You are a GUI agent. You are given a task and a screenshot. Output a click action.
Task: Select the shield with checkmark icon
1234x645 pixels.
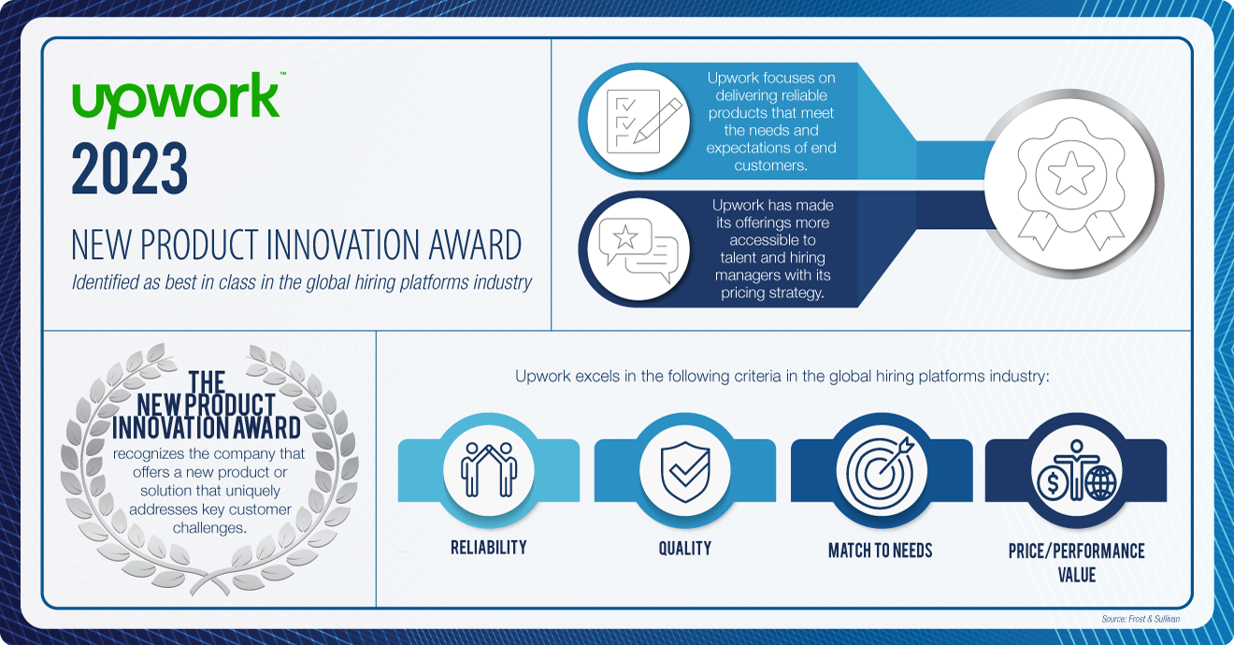(685, 468)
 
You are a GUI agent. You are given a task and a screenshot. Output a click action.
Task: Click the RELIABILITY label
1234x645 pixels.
(488, 548)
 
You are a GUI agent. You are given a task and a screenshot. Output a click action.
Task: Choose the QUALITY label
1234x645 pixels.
(685, 549)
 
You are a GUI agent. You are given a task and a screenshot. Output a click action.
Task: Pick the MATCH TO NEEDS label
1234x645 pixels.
(881, 551)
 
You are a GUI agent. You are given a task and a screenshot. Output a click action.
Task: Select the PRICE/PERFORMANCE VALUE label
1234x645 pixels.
(1076, 563)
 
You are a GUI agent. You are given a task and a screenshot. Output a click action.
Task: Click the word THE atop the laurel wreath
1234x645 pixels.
(207, 382)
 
